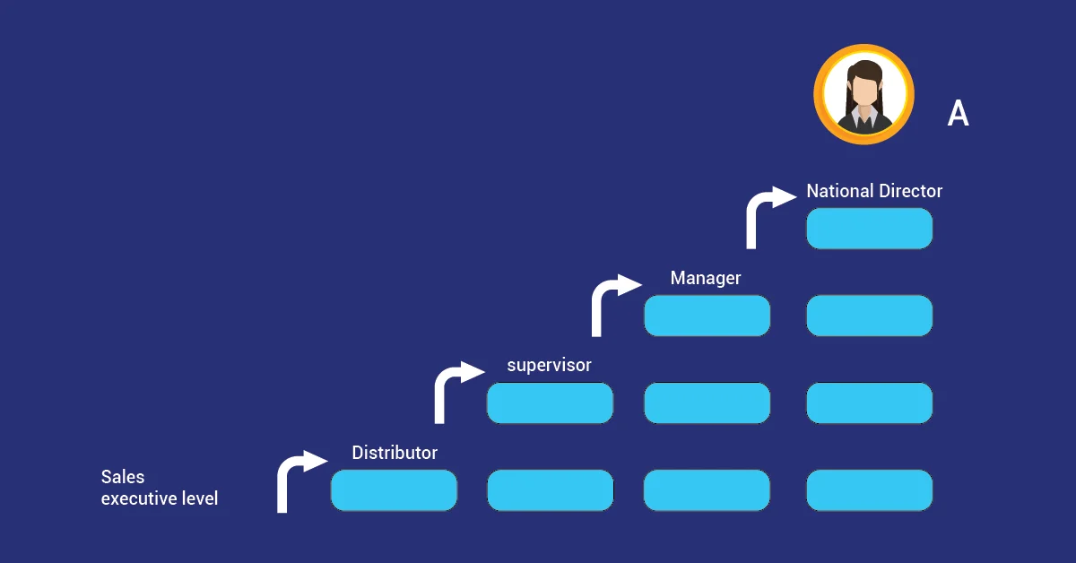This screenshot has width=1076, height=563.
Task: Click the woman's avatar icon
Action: (x=863, y=95)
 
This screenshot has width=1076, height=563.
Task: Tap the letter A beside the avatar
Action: (x=958, y=114)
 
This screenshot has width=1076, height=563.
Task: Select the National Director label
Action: (x=874, y=191)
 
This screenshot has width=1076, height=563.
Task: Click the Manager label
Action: (x=706, y=278)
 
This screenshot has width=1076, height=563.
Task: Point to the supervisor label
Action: (x=549, y=365)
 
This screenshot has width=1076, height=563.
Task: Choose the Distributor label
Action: (x=395, y=453)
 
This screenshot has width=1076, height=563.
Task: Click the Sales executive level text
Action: (x=159, y=488)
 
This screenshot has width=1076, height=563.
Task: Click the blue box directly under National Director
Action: (x=869, y=229)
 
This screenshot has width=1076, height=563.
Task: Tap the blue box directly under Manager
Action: (x=707, y=316)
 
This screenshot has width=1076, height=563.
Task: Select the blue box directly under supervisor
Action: (x=550, y=403)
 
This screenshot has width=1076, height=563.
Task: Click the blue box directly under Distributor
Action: (x=394, y=490)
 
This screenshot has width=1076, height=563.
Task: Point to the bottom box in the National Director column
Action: (x=869, y=490)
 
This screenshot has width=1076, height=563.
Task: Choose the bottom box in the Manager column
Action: (x=707, y=490)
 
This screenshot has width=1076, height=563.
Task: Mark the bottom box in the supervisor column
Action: (x=550, y=490)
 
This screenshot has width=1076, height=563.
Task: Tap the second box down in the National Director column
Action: (x=869, y=316)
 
